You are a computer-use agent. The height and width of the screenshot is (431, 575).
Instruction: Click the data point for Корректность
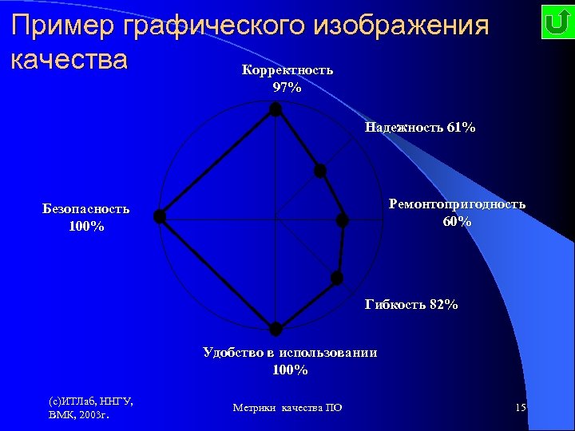276,109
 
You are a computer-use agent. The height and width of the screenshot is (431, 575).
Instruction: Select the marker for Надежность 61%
320,170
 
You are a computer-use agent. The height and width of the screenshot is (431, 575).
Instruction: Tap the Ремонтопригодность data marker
343,219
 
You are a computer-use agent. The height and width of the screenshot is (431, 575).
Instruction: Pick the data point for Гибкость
337,278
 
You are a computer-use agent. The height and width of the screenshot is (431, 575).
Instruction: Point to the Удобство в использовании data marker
276,329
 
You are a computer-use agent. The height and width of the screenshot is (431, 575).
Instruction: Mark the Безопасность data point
160,216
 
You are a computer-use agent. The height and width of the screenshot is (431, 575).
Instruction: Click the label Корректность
287,70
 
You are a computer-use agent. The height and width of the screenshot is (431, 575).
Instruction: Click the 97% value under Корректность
287,88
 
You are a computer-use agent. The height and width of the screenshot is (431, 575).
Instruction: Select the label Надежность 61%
419,127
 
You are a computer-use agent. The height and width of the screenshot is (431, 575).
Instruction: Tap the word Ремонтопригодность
457,204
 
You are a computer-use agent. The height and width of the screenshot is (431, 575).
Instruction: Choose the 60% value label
457,222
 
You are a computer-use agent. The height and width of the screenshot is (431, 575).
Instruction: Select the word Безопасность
86,209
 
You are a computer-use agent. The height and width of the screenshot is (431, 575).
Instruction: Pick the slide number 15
520,408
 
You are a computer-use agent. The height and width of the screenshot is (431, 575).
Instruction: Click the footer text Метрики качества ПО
287,408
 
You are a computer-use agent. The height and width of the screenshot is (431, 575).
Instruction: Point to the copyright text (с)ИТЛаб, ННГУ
90,401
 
